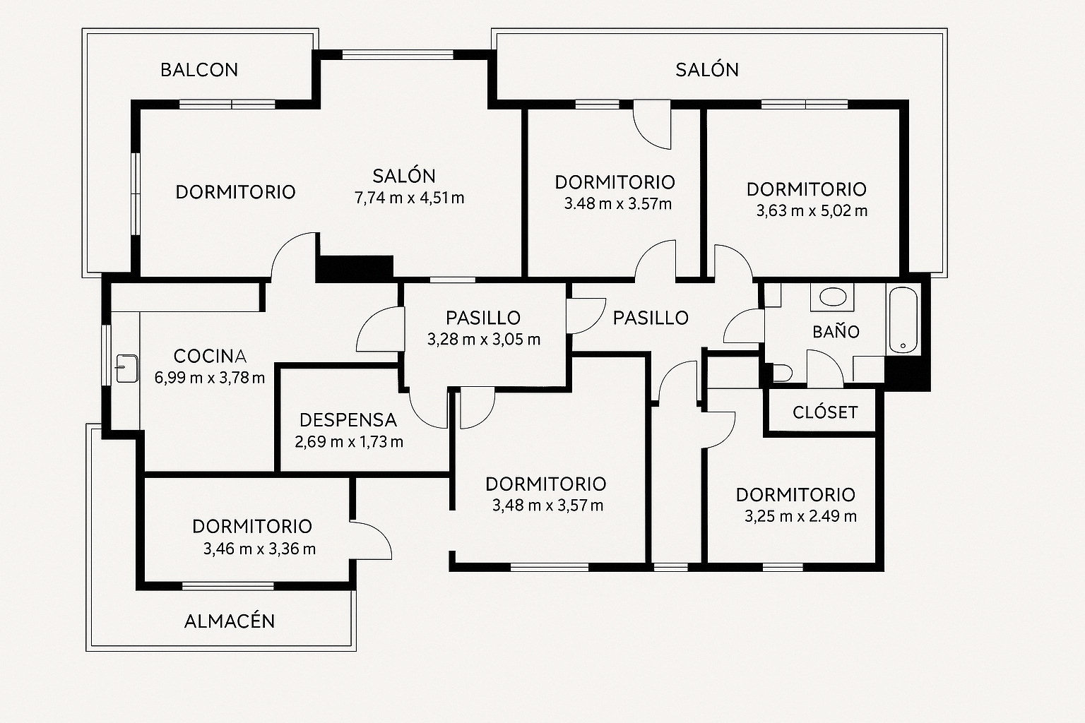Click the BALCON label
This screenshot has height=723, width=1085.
[199, 70]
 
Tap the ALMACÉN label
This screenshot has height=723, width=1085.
[230, 621]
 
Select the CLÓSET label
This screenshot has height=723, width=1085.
[825, 412]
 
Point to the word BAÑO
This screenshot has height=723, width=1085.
[836, 332]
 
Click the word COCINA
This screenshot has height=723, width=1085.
[210, 356]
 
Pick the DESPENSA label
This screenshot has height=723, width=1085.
[348, 420]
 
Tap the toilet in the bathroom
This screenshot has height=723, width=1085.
[781, 372]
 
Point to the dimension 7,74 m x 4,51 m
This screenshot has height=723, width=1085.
[410, 198]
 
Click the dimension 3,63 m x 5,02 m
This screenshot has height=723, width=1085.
[812, 211]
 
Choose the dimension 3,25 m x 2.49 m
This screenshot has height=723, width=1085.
[800, 517]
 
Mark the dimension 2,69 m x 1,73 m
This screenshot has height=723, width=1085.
[349, 443]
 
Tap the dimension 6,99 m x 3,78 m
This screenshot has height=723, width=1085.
[210, 378]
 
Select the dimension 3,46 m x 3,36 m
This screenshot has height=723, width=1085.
[259, 549]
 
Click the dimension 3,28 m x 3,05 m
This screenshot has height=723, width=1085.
[484, 340]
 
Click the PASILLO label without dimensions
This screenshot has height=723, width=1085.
[651, 318]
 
